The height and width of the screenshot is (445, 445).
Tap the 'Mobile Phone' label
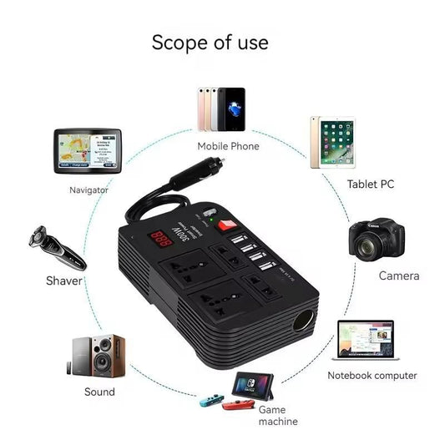point(228,146)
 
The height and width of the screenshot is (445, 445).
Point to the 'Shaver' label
point(63,281)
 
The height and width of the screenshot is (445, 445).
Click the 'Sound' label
point(99,392)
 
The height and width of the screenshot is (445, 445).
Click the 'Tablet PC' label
point(370,185)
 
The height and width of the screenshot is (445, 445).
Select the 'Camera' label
point(398,276)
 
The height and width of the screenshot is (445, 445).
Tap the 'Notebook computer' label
point(372,376)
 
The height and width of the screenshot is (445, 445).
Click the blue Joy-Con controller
point(211,399)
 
